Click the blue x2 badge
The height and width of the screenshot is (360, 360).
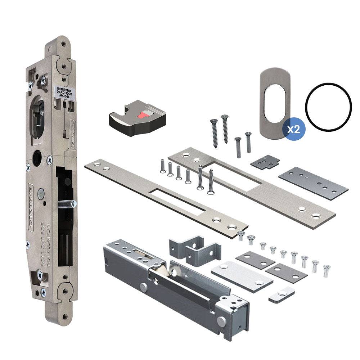click(x=294, y=129)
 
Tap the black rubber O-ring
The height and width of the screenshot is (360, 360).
click(x=328, y=107)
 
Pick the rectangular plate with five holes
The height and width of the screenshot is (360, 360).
click(x=313, y=183)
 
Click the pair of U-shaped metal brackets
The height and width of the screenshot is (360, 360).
click(x=194, y=249)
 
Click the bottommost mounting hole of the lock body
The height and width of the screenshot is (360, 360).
click(x=64, y=317)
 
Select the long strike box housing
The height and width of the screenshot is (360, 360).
click(x=176, y=284)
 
